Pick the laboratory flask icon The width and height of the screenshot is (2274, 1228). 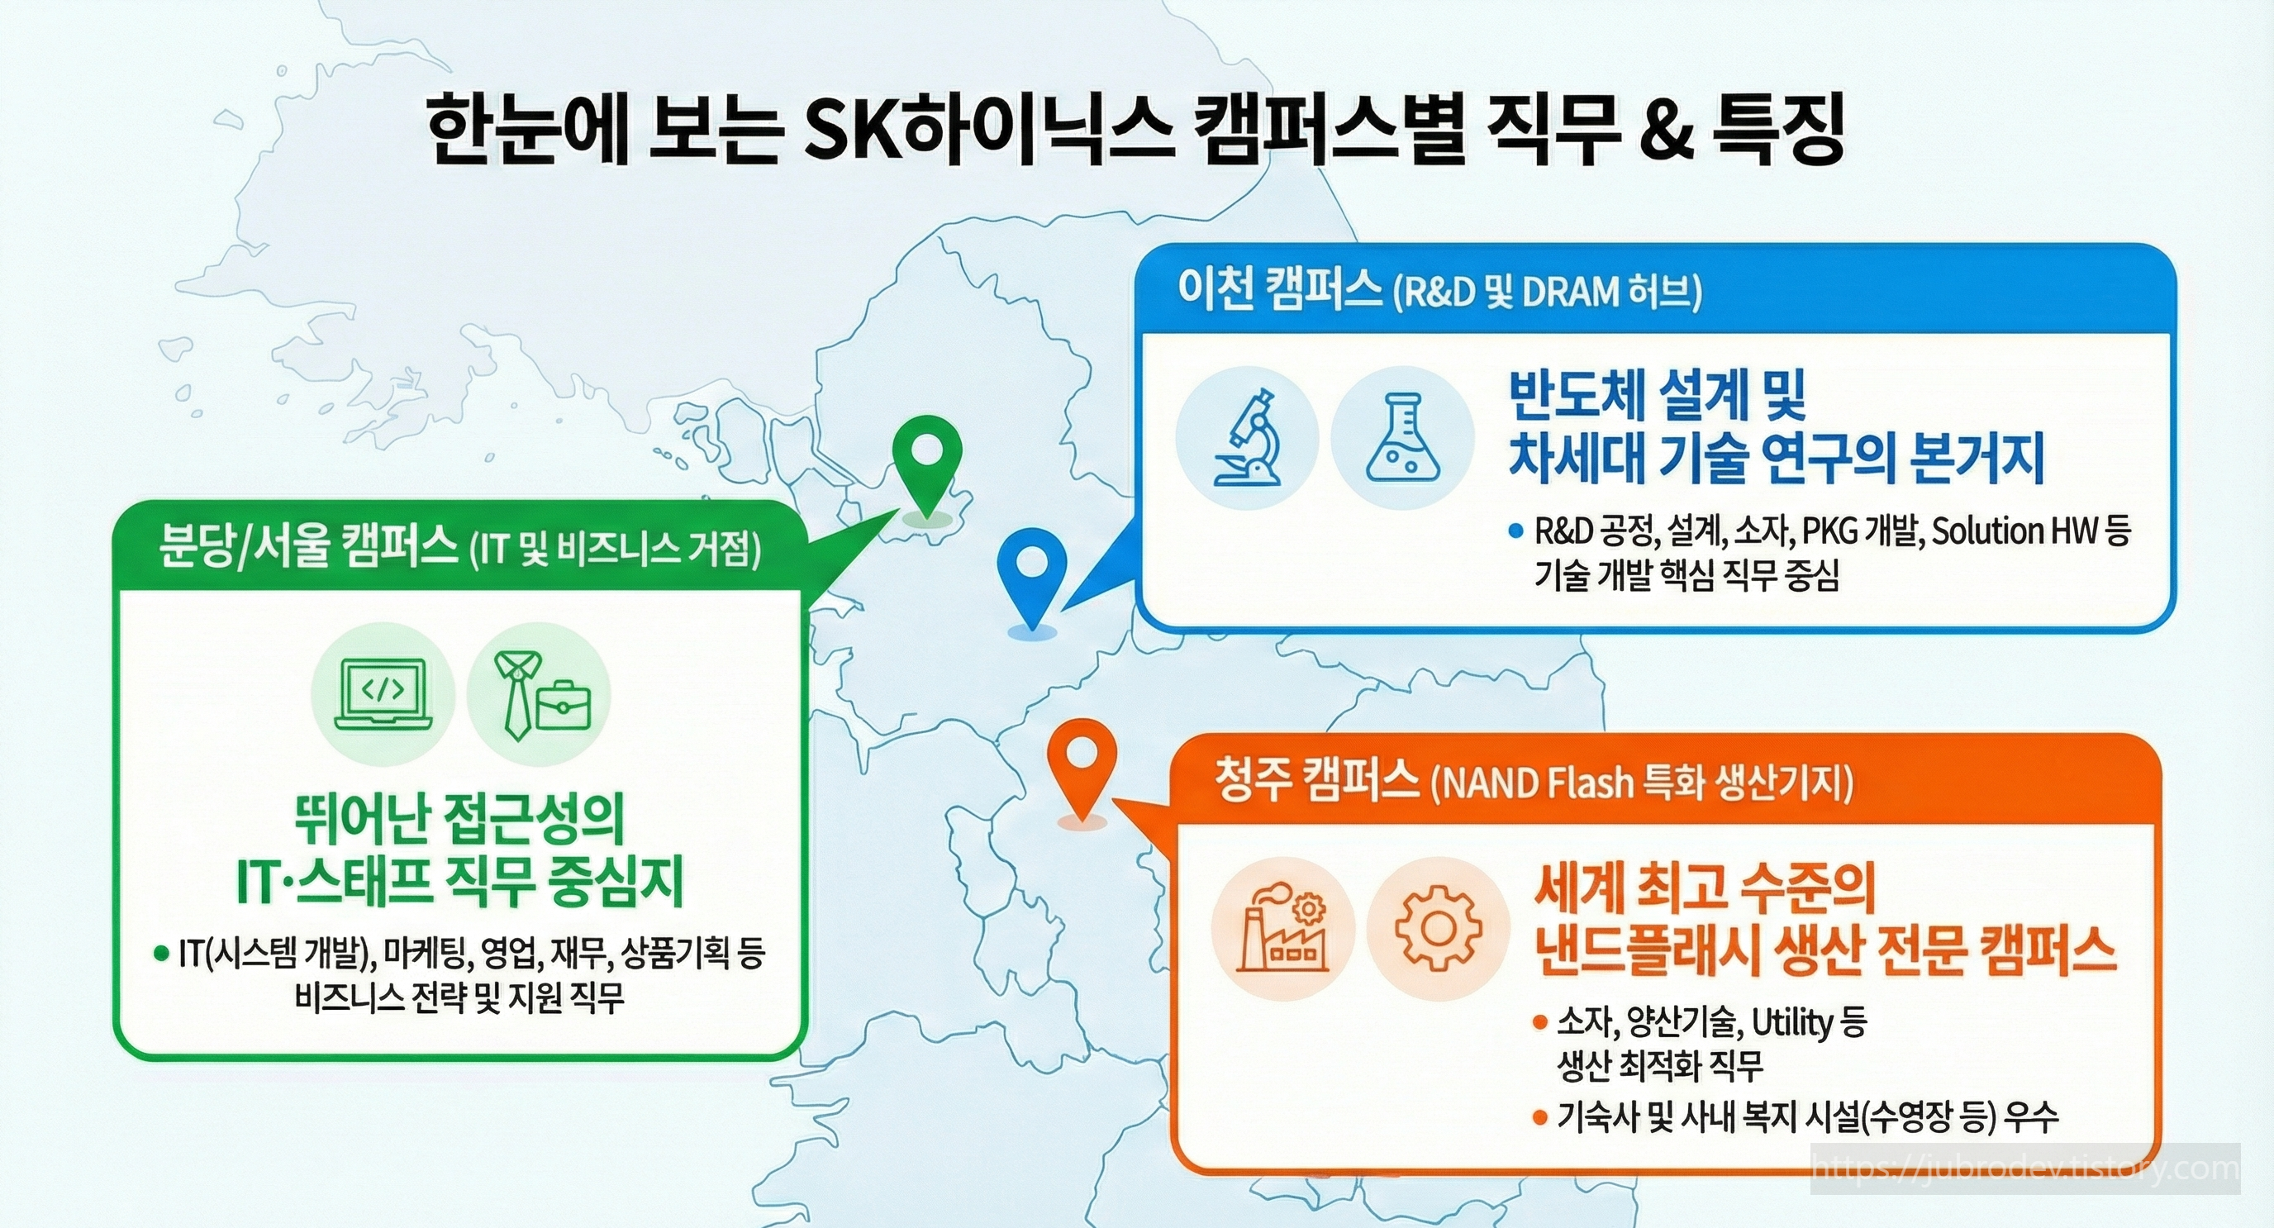pos(1401,439)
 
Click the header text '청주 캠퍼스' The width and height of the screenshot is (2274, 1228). pos(1315,780)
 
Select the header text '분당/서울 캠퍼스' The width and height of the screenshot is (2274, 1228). pos(305,545)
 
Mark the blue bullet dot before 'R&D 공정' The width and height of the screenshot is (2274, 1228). pos(1516,531)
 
